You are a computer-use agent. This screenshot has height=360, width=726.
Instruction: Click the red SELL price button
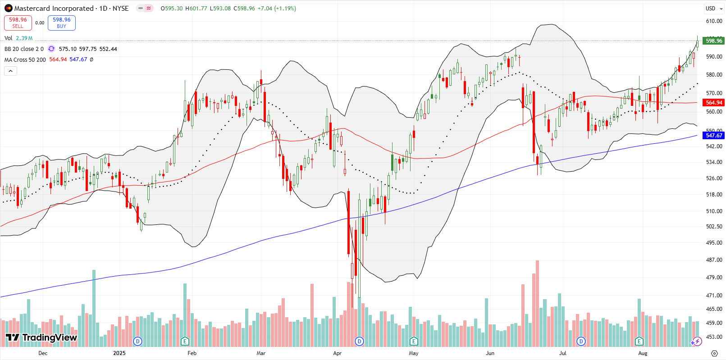click(x=18, y=23)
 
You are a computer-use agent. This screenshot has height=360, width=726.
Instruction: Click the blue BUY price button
click(x=61, y=23)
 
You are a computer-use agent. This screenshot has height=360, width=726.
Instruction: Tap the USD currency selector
click(x=710, y=9)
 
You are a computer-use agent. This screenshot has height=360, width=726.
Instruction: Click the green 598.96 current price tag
click(x=713, y=41)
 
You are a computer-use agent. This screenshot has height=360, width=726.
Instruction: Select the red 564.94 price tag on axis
click(x=713, y=103)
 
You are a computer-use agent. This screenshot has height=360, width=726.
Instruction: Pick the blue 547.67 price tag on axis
click(x=713, y=135)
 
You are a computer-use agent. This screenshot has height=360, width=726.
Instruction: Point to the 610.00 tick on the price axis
click(x=714, y=21)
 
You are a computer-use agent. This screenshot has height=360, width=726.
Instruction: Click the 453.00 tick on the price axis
click(x=714, y=337)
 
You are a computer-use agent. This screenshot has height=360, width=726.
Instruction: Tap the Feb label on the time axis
click(x=192, y=353)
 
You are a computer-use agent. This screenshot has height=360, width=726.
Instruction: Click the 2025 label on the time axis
click(x=119, y=353)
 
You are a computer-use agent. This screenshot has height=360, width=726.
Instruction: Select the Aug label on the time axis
click(x=643, y=353)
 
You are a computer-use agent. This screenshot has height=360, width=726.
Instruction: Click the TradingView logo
click(x=41, y=337)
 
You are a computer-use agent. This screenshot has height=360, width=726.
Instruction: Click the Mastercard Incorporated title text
click(x=54, y=9)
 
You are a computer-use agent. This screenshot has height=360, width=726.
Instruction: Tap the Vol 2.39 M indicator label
click(x=18, y=38)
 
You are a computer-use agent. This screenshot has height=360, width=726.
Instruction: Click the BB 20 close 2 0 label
click(x=24, y=49)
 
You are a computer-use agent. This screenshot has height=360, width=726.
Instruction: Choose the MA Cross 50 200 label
click(x=25, y=59)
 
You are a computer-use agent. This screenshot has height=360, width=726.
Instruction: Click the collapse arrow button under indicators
click(x=10, y=71)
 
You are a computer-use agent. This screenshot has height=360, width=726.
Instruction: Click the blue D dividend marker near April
click(x=359, y=341)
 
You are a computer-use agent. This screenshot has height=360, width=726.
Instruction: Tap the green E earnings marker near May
click(x=414, y=341)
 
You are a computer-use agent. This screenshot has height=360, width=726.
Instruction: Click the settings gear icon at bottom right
click(x=714, y=353)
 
